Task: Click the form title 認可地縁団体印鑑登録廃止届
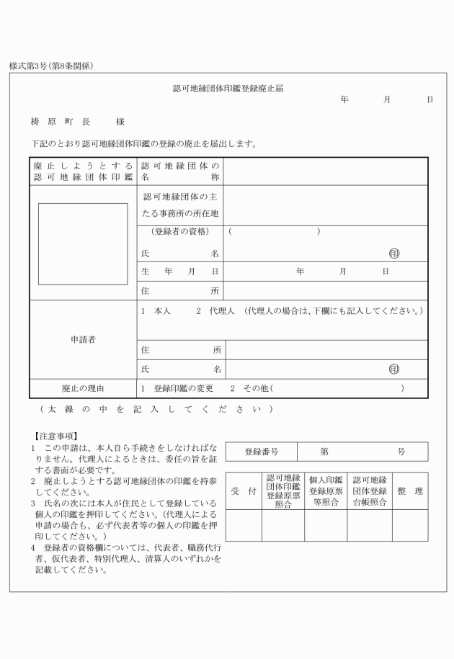coord(227,89)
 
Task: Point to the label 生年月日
coord(180,272)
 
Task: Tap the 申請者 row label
coord(83,339)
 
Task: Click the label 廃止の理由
coord(83,388)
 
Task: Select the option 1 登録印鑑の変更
coord(177,388)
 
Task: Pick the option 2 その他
coord(249,388)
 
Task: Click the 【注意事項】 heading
coord(61,436)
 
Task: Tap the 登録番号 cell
coord(261,452)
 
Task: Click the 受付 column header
coord(244,491)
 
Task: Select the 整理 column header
coord(409,491)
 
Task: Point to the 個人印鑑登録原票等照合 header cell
coord(326,491)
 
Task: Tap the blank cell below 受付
coord(244,525)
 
